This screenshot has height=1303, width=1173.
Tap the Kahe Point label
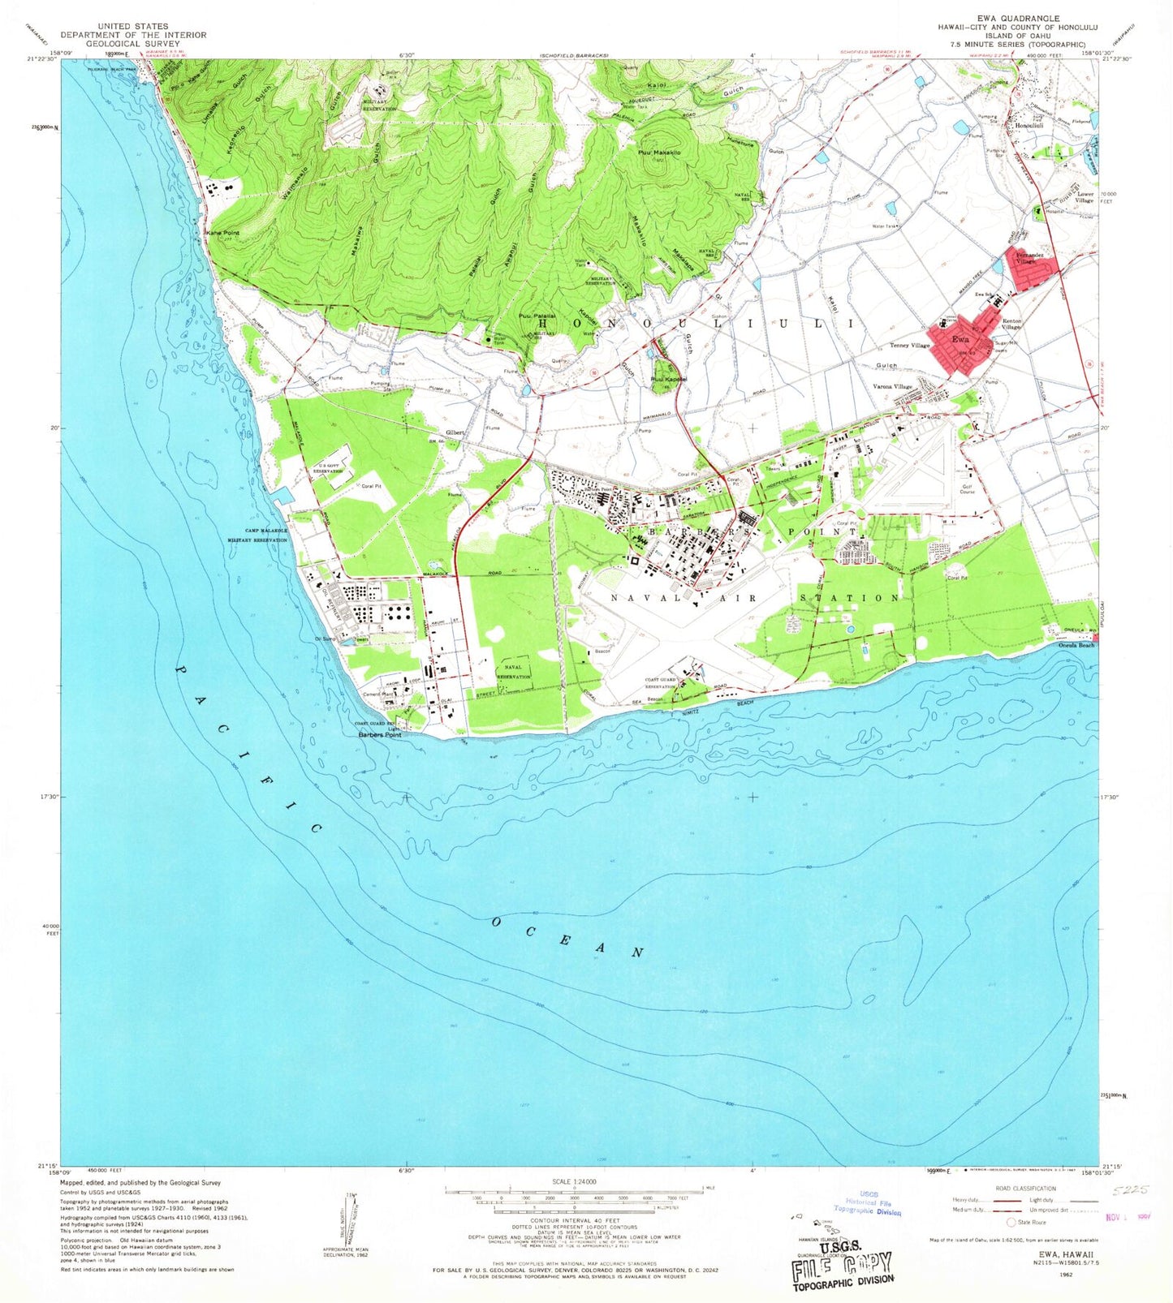coord(223,232)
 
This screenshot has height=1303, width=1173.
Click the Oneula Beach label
coord(1076,645)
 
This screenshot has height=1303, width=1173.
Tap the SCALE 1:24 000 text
coord(573,1181)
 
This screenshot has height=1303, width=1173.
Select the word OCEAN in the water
coord(567,936)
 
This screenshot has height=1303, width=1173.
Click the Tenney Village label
coord(909,346)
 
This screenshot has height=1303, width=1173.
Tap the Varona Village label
coord(892,387)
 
